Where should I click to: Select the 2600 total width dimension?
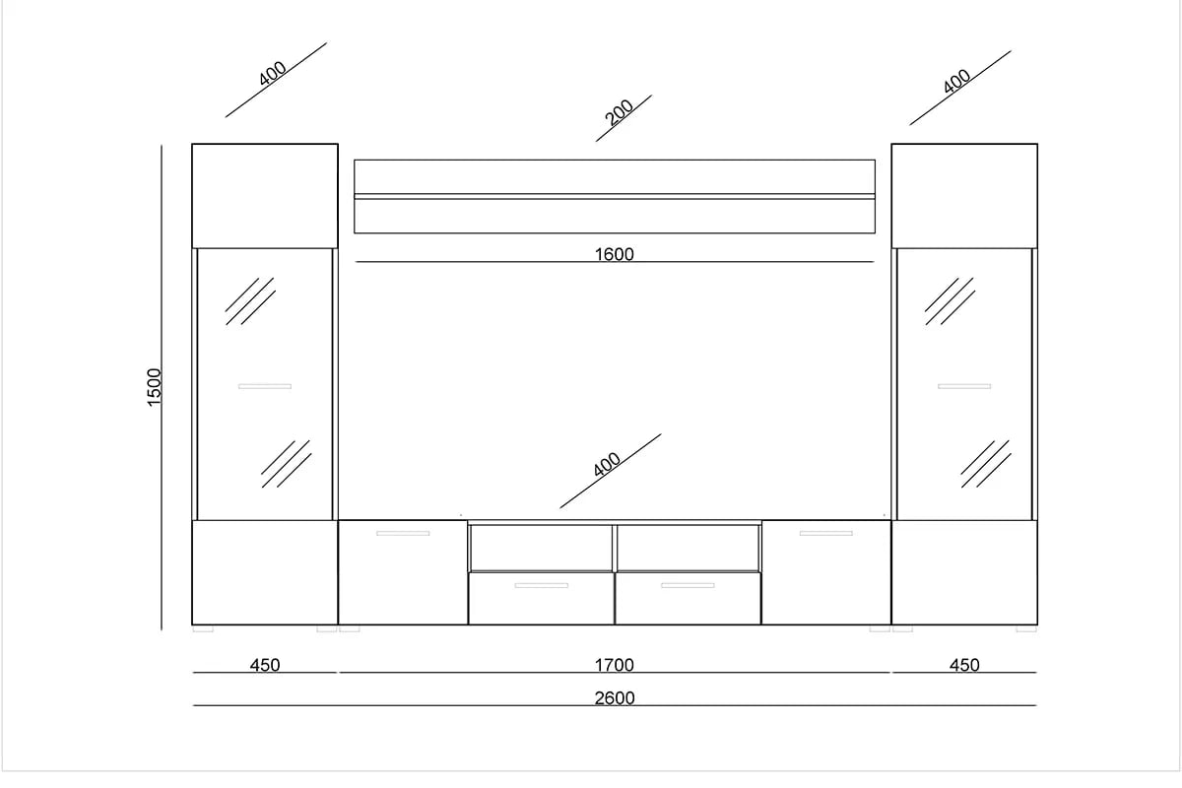(615, 697)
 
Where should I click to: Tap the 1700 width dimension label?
(615, 665)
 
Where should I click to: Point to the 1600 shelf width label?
(615, 254)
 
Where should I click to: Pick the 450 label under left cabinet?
(264, 665)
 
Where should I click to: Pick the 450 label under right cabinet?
(963, 665)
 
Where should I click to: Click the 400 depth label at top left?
(273, 74)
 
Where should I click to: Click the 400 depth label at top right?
(956, 82)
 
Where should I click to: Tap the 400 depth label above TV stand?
(608, 465)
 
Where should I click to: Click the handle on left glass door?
(265, 386)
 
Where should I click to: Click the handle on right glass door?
(963, 386)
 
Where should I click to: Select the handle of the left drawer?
(541, 586)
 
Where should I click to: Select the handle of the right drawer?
(688, 586)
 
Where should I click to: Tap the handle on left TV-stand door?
(403, 533)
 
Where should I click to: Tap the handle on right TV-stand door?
(825, 533)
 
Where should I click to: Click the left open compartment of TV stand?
(542, 547)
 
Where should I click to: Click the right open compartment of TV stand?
(688, 547)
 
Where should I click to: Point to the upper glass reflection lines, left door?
(249, 300)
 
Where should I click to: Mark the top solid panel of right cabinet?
(964, 195)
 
